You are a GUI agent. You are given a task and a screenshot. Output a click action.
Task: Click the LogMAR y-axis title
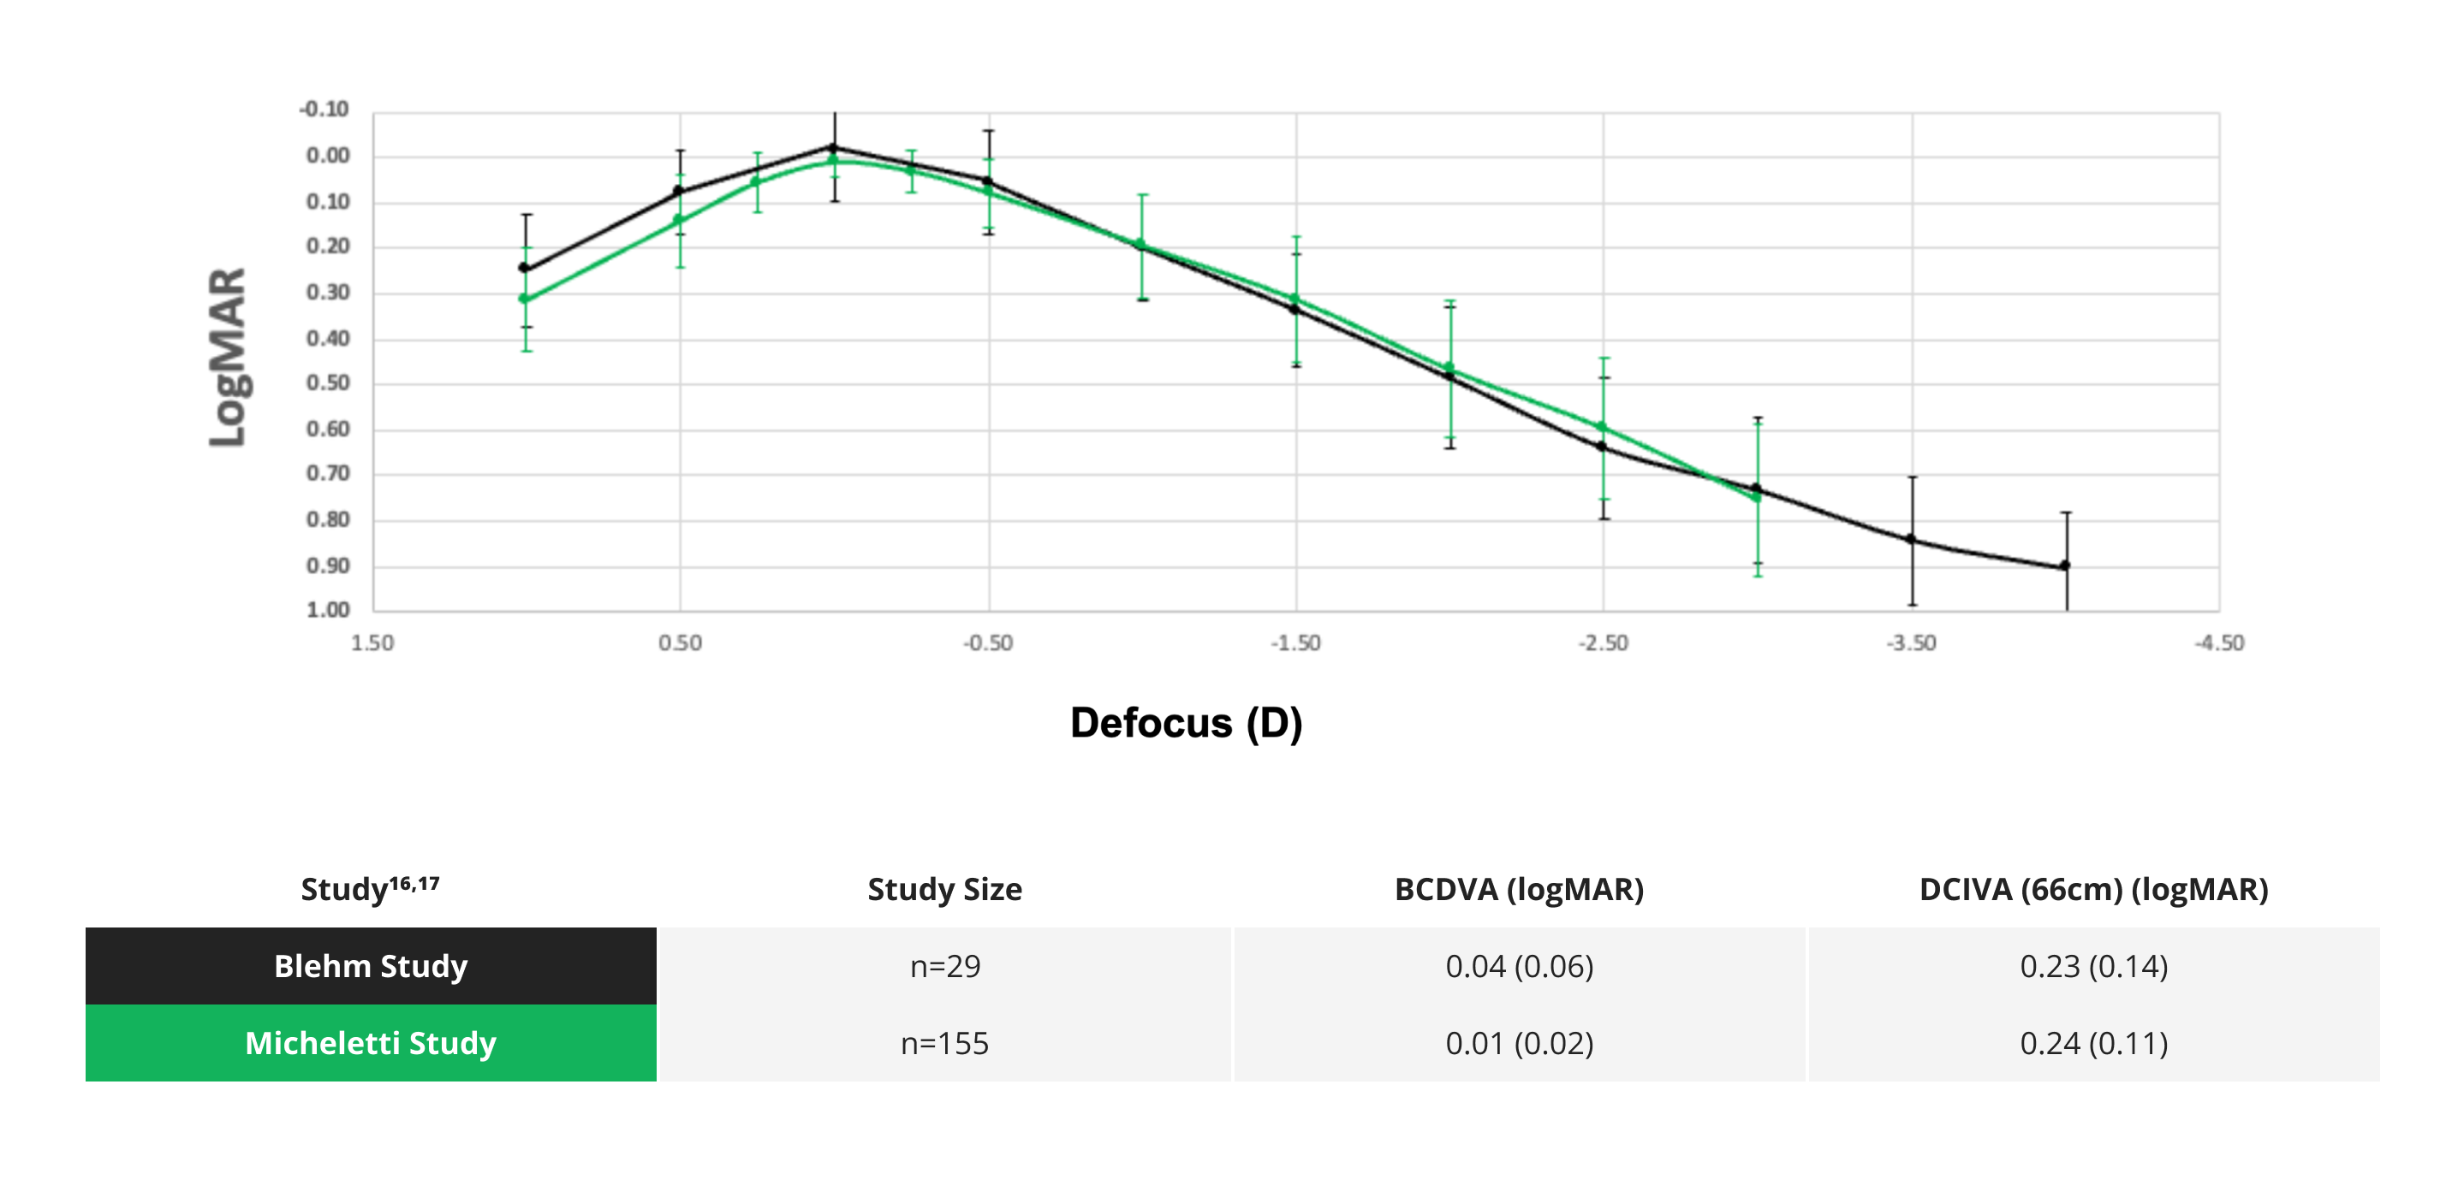pos(229,357)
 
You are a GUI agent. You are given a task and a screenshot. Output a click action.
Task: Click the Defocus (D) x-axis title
pos(1186,723)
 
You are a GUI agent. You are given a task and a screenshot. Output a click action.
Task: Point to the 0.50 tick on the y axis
pos(328,383)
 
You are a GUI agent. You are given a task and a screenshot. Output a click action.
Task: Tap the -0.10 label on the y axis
pos(324,109)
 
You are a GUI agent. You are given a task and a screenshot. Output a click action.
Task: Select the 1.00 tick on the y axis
pos(328,610)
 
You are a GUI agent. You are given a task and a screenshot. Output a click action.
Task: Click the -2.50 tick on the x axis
pos(1603,643)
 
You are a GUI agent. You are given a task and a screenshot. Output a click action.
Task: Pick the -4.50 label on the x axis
pos(2219,643)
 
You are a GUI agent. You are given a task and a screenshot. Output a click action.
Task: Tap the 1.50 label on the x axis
pos(372,643)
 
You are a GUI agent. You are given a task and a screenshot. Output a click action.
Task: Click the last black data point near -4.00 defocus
pos(2065,566)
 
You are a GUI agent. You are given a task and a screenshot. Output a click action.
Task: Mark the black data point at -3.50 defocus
pos(1911,539)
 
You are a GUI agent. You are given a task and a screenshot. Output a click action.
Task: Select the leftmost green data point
pos(524,299)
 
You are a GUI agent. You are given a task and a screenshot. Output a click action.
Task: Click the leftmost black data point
pos(524,268)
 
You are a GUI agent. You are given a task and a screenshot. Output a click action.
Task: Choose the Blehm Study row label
pos(371,966)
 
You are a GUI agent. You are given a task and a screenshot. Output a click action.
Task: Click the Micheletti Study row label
pos(371,1042)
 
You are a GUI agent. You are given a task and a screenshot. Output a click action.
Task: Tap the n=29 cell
pos(945,966)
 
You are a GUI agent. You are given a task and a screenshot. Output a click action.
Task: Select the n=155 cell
pos(945,1042)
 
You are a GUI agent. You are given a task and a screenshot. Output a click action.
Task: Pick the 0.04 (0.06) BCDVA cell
pos(1519,966)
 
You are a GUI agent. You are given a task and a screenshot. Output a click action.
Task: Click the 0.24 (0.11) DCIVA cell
pos(2094,1042)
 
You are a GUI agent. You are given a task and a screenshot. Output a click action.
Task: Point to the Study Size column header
pos(945,889)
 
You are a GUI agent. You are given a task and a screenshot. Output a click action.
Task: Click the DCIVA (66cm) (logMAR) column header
pos(2094,889)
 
